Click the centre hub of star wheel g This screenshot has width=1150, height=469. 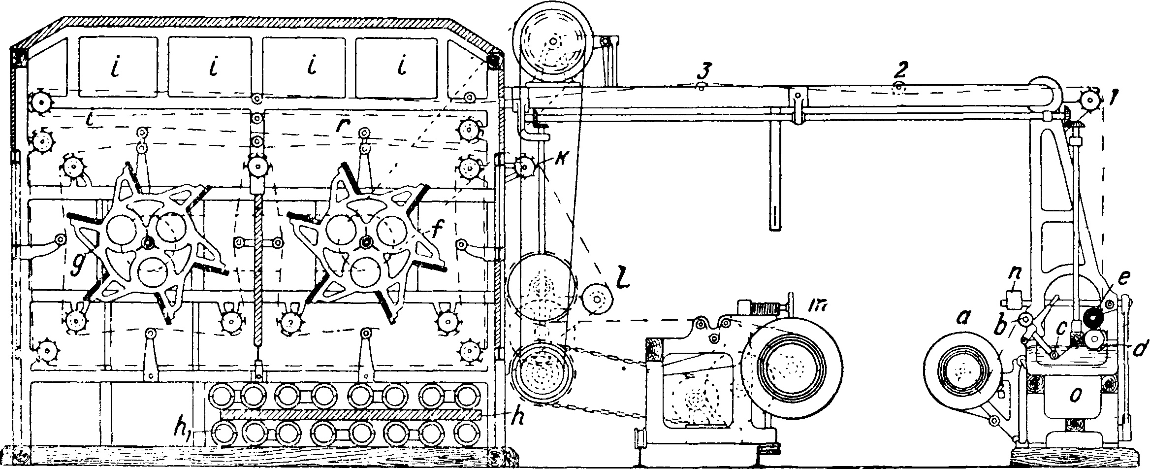coord(148,243)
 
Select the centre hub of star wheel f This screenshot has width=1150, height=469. coord(365,242)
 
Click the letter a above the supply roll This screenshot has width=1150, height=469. coord(962,320)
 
